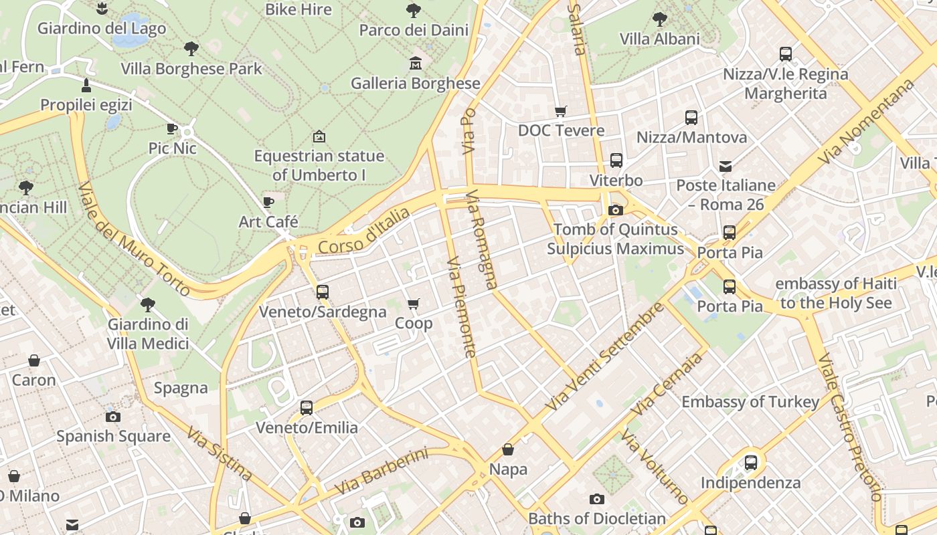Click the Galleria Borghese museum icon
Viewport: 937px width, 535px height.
[x=416, y=64]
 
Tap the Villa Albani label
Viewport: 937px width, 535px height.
[x=659, y=39]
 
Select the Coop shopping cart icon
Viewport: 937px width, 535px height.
[x=414, y=304]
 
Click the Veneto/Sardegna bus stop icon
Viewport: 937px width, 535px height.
[x=323, y=292]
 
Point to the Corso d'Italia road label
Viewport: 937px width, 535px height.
[x=363, y=231]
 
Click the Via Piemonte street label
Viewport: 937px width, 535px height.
[x=461, y=307]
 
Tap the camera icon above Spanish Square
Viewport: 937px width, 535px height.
[x=113, y=417]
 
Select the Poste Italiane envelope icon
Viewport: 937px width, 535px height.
[x=726, y=166]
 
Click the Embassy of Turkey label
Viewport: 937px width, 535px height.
[x=750, y=402]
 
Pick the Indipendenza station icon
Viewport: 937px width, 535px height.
[x=751, y=462]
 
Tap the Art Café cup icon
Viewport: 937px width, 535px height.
[x=268, y=202]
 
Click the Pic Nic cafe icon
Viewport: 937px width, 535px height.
[x=172, y=128]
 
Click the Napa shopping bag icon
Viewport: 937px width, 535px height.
[x=508, y=449]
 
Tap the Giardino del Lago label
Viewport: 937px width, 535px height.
[x=102, y=28]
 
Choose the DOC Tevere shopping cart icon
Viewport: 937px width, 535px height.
[x=561, y=111]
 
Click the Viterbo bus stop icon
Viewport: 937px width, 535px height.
[x=616, y=160]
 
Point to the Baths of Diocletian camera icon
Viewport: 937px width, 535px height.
[x=597, y=499]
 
